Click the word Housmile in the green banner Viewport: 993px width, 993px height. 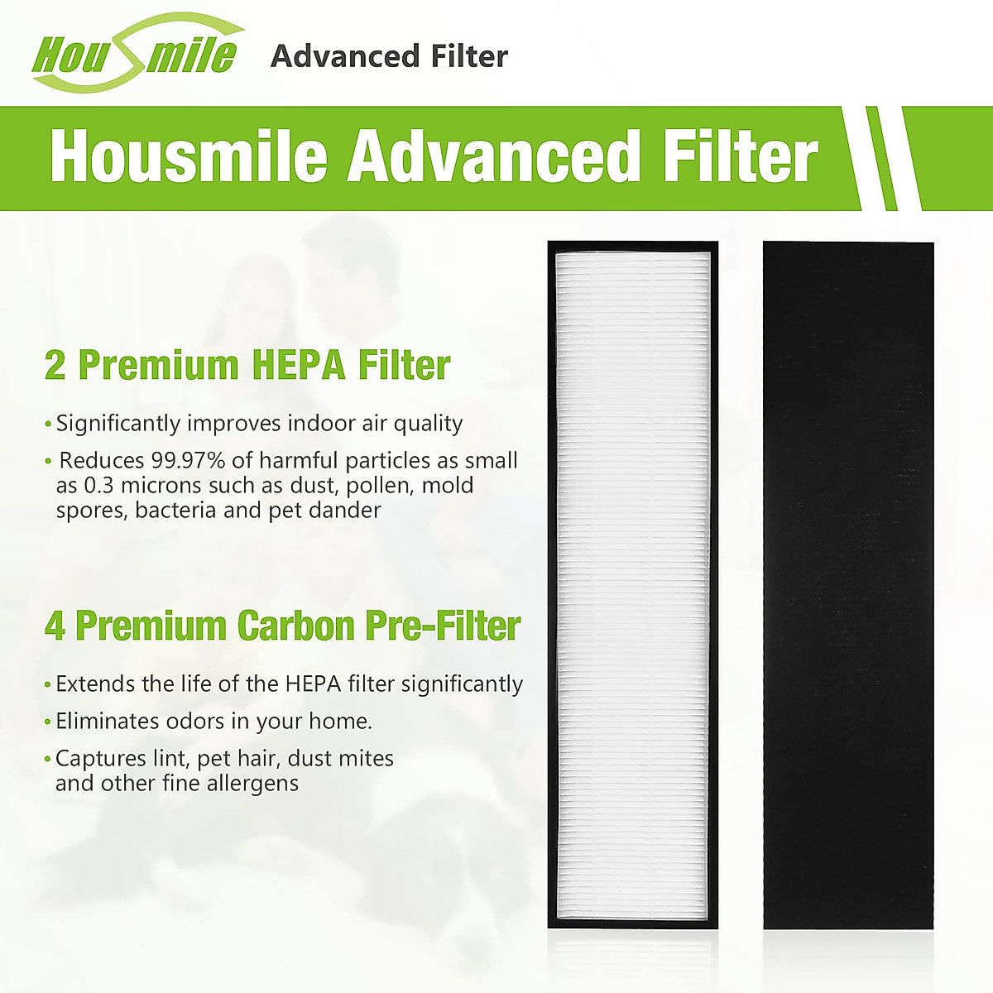(x=189, y=156)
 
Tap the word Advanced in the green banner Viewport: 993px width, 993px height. (x=494, y=156)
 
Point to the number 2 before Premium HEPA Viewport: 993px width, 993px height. (x=55, y=366)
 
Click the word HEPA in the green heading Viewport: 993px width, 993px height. (x=298, y=366)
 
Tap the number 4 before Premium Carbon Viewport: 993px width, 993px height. (x=55, y=626)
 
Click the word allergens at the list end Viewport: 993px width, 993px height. (x=252, y=783)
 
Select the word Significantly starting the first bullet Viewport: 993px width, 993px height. (x=118, y=424)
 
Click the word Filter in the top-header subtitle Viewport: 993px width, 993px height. (x=469, y=56)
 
